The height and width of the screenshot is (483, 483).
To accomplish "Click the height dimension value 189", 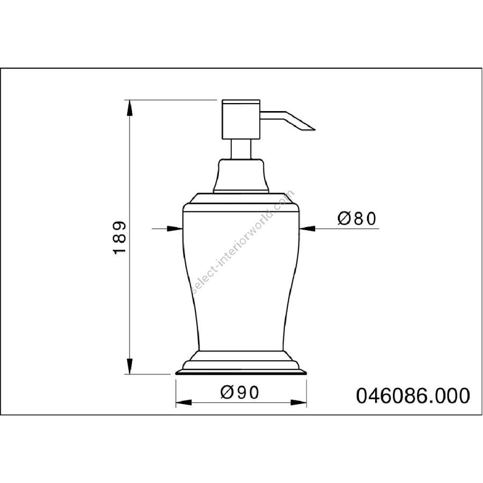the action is [120, 238].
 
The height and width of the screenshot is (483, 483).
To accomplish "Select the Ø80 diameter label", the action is [357, 219].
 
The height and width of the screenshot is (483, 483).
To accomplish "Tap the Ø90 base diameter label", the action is [240, 392].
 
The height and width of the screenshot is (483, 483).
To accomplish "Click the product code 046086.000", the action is [413, 396].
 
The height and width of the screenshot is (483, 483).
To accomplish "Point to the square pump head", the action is [241, 120].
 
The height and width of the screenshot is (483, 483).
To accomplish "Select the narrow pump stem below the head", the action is [241, 149].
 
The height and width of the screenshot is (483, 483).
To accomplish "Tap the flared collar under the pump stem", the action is [241, 175].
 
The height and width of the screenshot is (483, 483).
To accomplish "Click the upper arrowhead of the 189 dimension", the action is [130, 108].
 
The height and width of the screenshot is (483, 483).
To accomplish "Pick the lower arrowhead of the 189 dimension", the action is [130, 366].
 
